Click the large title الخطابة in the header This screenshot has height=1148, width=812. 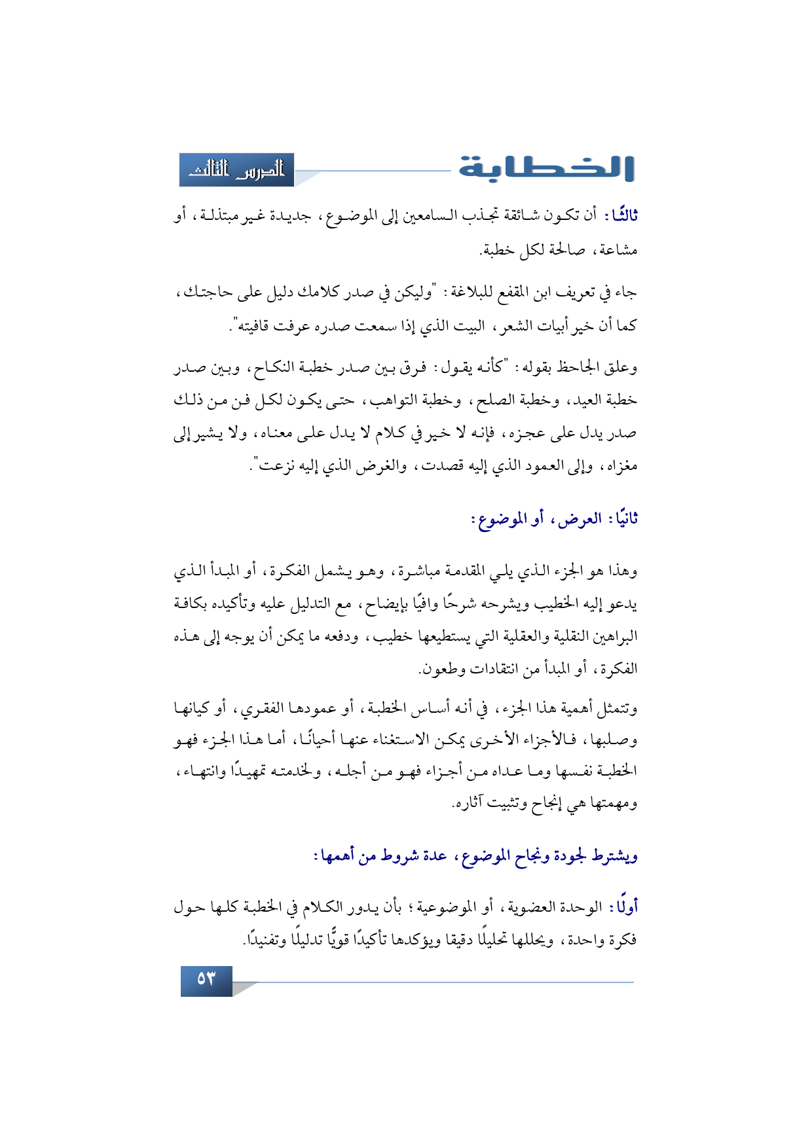pos(546,168)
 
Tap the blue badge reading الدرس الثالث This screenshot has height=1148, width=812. pos(237,170)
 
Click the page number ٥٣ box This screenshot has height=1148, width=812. pos(206,979)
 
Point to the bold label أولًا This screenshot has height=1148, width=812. pos(623,907)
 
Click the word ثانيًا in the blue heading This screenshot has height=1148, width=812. pos(621,520)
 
